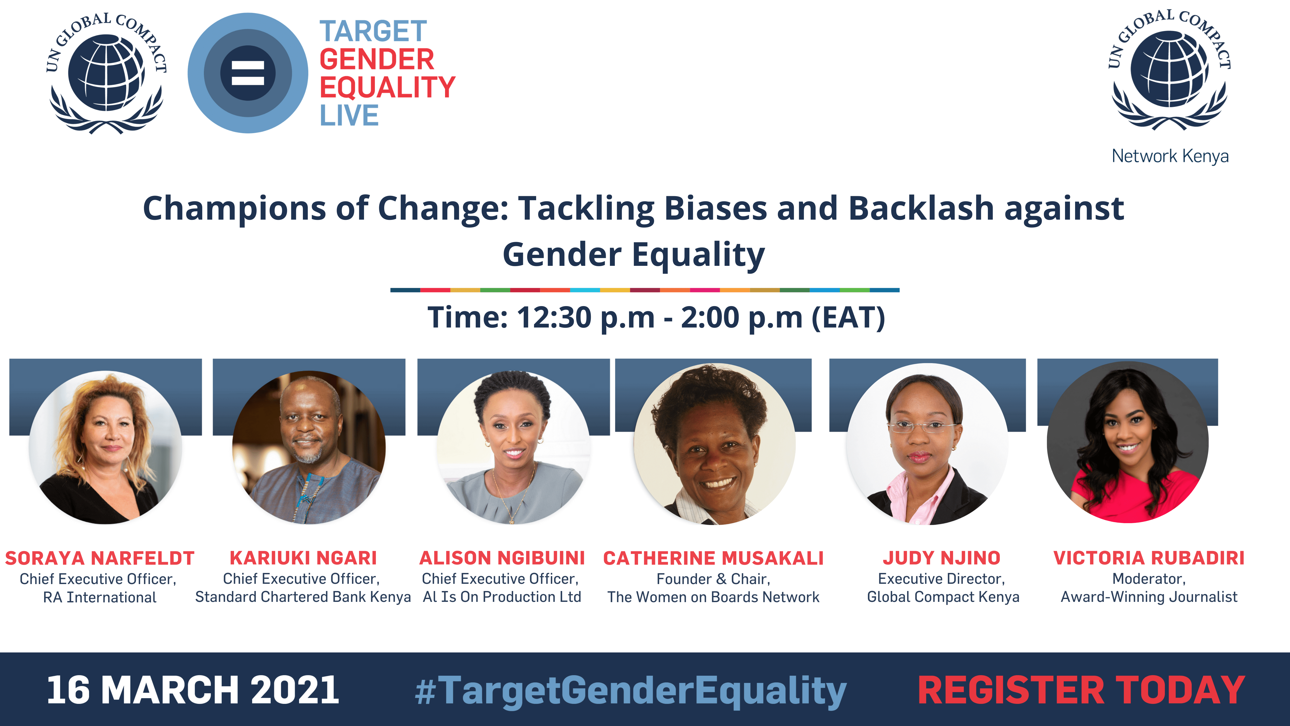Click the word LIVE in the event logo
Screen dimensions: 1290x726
pyautogui.click(x=349, y=115)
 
